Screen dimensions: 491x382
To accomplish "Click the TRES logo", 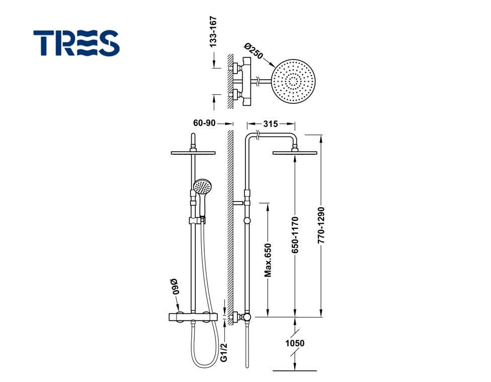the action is [x=76, y=43].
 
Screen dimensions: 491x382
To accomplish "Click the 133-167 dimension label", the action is [x=213, y=32].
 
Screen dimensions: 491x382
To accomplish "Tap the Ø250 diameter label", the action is [x=254, y=50].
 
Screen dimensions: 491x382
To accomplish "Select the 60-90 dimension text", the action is [x=204, y=123].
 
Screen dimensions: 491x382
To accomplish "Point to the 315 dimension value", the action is [x=271, y=124].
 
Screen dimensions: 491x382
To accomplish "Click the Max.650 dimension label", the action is [x=268, y=261].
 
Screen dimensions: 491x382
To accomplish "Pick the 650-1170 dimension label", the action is [x=295, y=235].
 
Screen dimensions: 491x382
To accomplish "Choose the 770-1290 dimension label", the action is [x=321, y=225].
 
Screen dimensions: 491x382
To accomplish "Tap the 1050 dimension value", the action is [x=295, y=343].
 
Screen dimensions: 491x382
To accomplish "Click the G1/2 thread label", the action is [x=223, y=353].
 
